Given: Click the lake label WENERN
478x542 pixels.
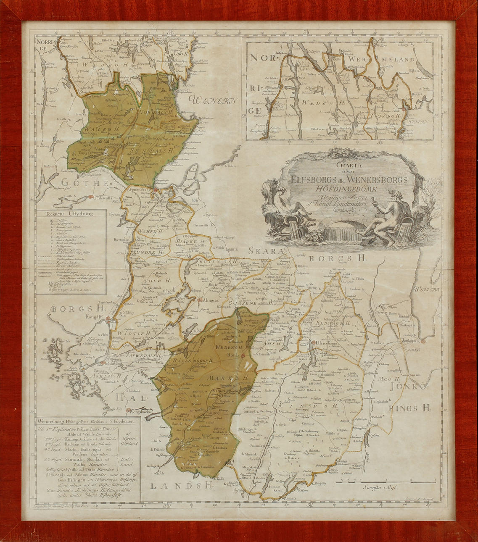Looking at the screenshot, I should [x=213, y=100].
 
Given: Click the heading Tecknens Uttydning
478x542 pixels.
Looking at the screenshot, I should [x=70, y=213].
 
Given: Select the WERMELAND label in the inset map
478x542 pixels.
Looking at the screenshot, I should [x=397, y=60].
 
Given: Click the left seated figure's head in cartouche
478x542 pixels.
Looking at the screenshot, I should [x=282, y=191].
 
